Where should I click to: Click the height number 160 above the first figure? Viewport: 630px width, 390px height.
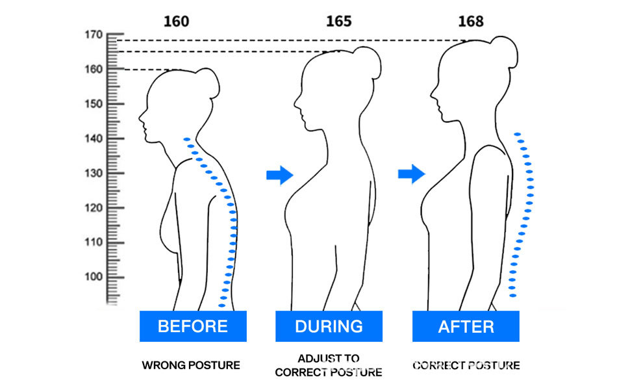pos(176,21)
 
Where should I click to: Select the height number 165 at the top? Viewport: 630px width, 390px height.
pos(338,21)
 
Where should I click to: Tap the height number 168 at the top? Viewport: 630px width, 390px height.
pos(471,21)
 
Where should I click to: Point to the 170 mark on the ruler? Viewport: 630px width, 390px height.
pos(94,35)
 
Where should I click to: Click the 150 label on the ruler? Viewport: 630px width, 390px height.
pos(94,104)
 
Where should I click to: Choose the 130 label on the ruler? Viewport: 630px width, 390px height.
pos(94,174)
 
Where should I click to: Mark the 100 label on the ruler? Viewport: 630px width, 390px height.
pos(94,277)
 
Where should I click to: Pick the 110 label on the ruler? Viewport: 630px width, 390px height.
pos(94,242)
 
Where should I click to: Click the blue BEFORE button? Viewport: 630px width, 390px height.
pos(193,326)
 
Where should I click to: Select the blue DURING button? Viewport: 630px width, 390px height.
pos(329,326)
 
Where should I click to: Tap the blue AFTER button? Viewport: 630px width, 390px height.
pos(466,326)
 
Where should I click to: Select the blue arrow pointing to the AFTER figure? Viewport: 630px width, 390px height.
pos(411,174)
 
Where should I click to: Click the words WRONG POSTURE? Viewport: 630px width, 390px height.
pos(191,365)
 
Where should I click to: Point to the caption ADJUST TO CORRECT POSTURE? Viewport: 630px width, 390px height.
pos(329,365)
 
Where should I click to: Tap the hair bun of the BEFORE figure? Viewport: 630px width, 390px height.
pos(208,83)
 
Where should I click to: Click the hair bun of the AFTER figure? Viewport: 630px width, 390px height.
pos(505,51)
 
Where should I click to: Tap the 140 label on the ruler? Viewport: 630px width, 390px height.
pos(94,138)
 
